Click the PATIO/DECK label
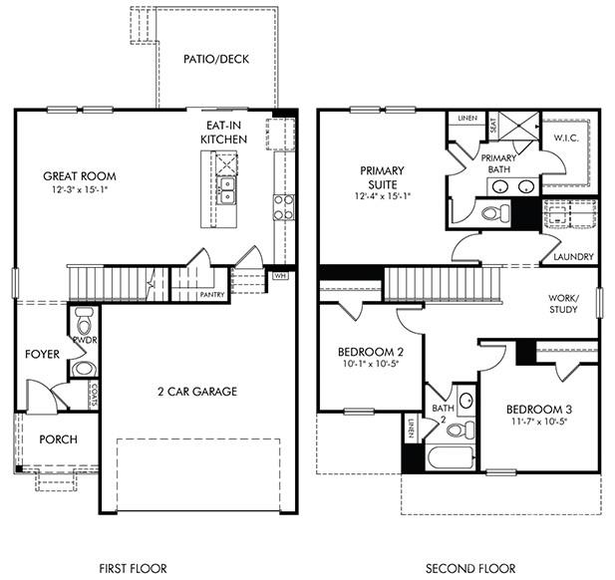[215, 59]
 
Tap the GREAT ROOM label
[79, 176]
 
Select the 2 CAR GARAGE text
[196, 392]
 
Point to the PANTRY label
[211, 294]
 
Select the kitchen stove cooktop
[283, 206]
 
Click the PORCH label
[58, 439]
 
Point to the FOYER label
[42, 354]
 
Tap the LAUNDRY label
[573, 257]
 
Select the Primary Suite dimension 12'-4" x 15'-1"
[382, 197]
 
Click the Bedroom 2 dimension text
[371, 365]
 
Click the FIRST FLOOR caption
[127, 569]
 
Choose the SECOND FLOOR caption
[471, 569]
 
